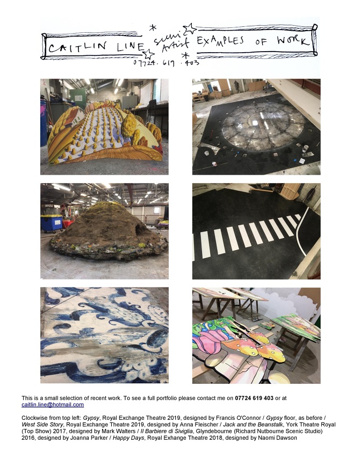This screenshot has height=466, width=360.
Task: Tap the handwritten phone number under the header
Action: point(166,63)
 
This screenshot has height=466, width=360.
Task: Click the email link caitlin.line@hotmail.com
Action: point(53,405)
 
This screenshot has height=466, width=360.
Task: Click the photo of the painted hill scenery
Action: point(104,127)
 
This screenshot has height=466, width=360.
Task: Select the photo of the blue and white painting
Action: point(104,335)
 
